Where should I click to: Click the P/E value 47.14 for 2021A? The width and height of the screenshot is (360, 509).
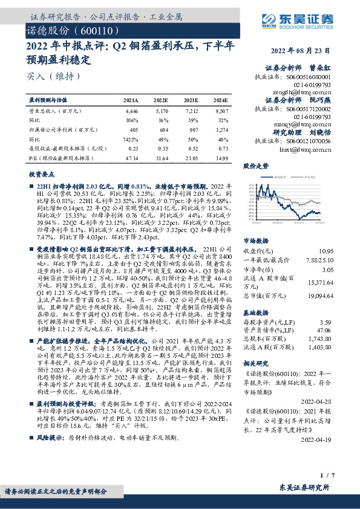[131, 157]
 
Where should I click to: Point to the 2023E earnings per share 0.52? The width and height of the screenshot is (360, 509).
[192, 148]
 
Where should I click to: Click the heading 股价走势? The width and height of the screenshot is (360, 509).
[255, 165]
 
